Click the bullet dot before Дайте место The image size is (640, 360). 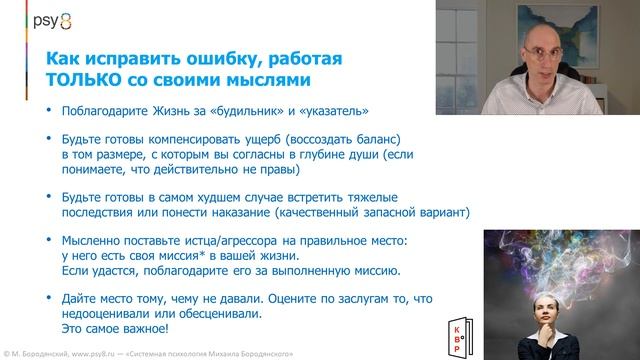tap(40, 300)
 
